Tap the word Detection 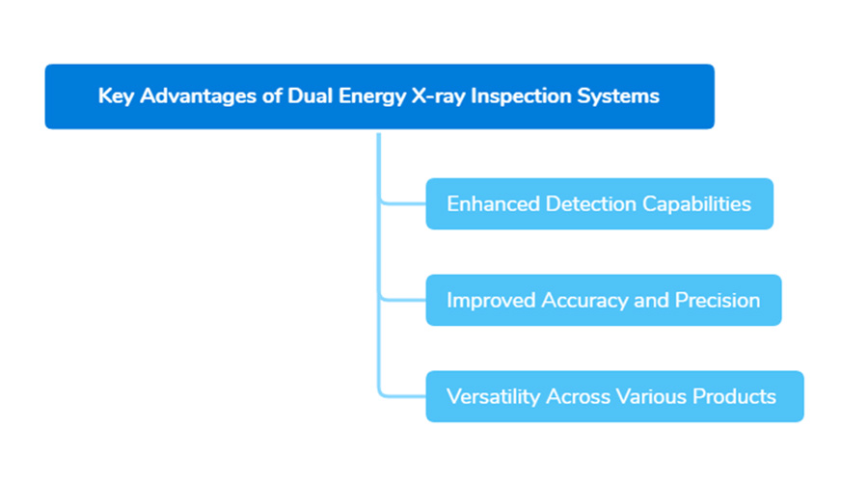click(x=587, y=204)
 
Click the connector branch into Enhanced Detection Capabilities click(x=403, y=203)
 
